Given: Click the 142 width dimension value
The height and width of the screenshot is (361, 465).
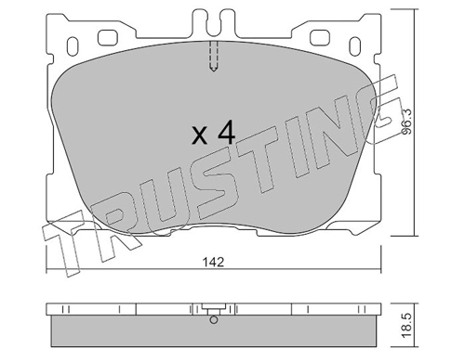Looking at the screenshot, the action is pos(213,263).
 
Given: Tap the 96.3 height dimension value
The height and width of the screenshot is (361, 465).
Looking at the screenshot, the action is pos(406,122).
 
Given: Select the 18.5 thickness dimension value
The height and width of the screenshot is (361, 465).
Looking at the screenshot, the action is pos(407,326).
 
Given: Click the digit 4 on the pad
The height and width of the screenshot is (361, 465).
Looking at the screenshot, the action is pos(226,132).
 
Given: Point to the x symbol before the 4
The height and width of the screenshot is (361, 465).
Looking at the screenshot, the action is pos(199,135).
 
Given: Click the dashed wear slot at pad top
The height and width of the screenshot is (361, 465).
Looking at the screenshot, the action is pos(214,57).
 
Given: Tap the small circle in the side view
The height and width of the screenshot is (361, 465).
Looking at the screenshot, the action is pos(214,320).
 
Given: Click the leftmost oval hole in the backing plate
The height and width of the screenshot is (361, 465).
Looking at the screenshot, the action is pos(73,46).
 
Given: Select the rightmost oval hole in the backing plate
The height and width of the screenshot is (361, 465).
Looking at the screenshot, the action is pos(355,46).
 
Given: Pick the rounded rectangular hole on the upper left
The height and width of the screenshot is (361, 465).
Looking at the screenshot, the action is pos(108,37).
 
